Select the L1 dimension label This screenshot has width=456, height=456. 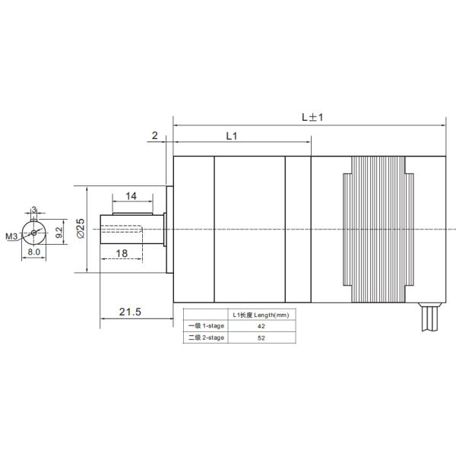click(233, 135)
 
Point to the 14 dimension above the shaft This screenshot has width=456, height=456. click(131, 196)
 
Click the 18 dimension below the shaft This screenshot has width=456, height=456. click(122, 252)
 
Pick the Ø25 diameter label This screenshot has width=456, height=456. click(81, 228)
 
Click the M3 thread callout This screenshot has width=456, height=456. click(11, 236)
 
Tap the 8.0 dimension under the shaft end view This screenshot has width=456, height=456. click(33, 252)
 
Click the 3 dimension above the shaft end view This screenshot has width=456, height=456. click(34, 211)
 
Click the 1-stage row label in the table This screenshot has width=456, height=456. click(206, 325)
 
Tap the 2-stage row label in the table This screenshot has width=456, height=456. click(206, 337)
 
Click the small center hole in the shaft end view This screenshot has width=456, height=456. click(34, 232)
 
